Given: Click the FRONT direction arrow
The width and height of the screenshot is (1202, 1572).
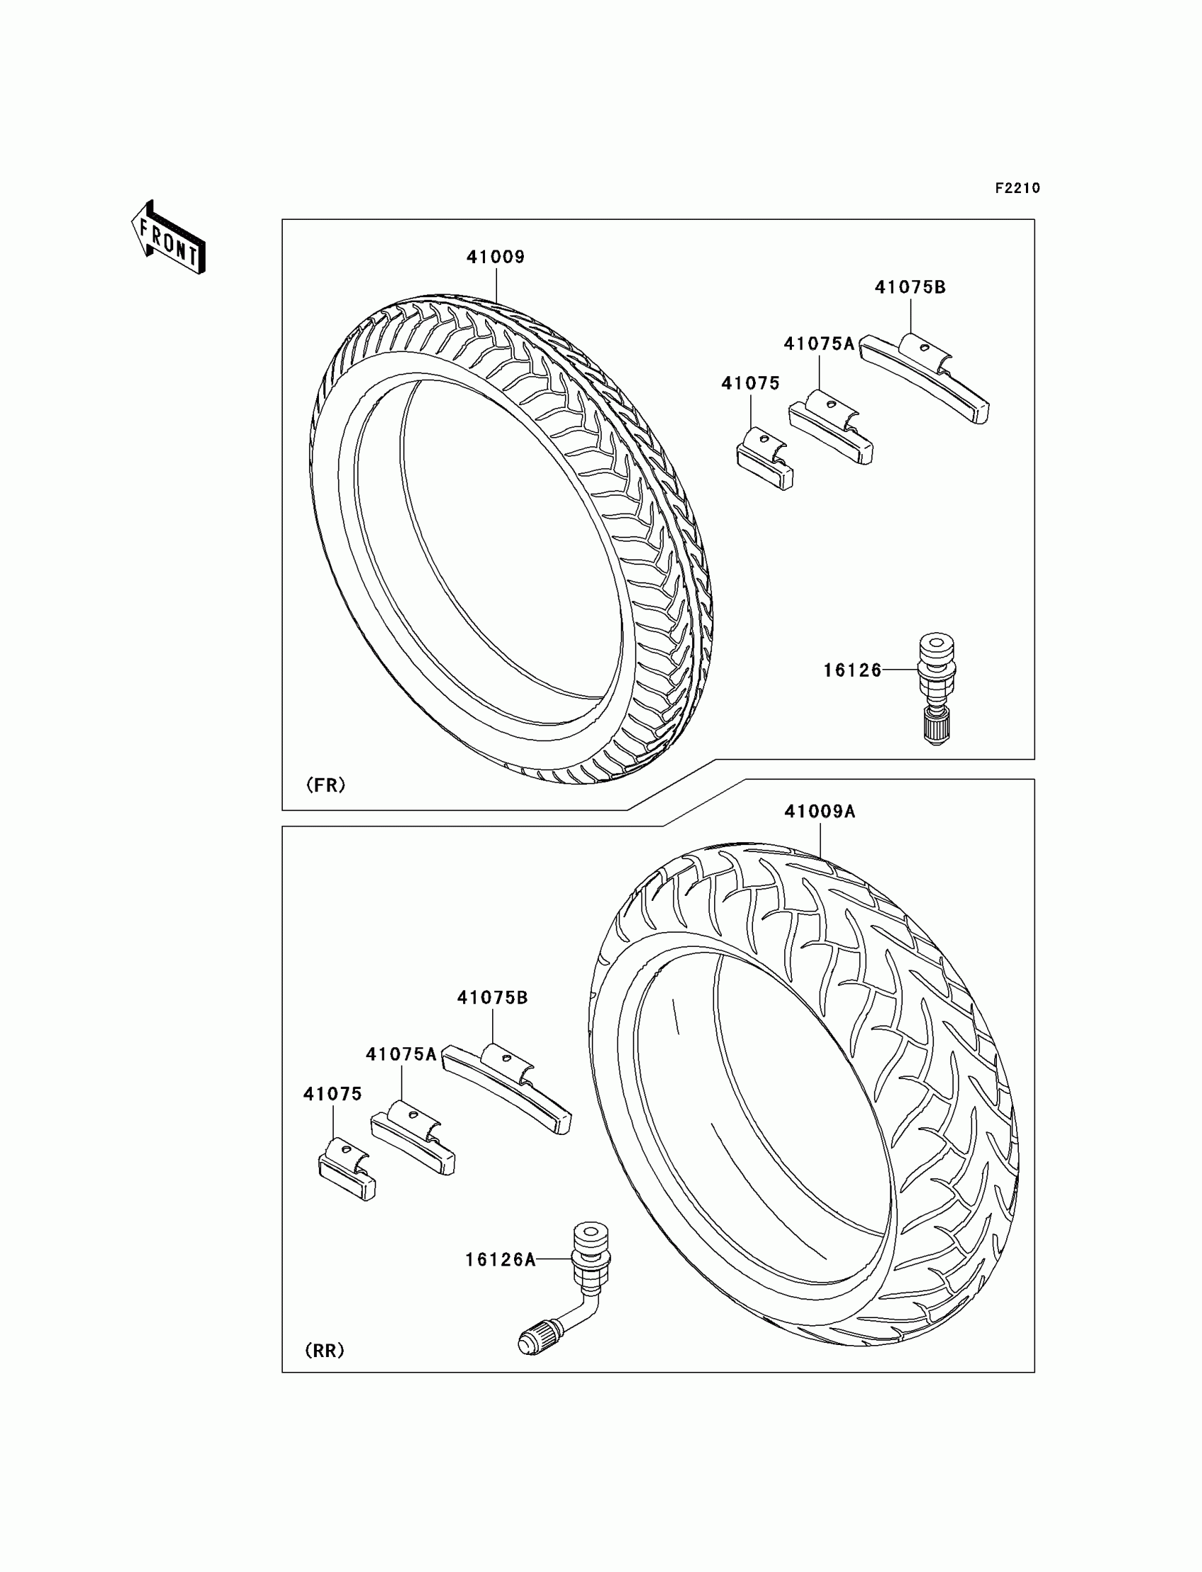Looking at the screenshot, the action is pyautogui.click(x=169, y=238).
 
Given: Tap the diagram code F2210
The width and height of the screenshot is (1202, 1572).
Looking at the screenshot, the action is pyautogui.click(x=1017, y=188).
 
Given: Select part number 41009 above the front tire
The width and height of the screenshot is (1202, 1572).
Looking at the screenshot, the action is pyautogui.click(x=495, y=257).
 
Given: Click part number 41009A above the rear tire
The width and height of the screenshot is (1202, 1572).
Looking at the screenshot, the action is pyautogui.click(x=819, y=811).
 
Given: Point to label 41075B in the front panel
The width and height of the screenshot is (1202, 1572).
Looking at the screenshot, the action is pyautogui.click(x=909, y=287).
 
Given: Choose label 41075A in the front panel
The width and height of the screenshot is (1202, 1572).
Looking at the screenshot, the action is pyautogui.click(x=819, y=344).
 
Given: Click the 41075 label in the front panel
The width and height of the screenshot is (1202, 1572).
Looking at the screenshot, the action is pyautogui.click(x=749, y=383).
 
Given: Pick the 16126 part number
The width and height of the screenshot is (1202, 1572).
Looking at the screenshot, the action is pyautogui.click(x=852, y=670).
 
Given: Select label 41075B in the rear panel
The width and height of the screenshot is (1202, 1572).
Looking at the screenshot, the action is pyautogui.click(x=492, y=997).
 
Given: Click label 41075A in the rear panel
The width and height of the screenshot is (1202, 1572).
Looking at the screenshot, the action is pyautogui.click(x=401, y=1054).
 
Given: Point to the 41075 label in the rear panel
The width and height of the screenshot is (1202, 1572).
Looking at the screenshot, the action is pyautogui.click(x=332, y=1094).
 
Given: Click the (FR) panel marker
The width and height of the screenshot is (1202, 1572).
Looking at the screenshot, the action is pyautogui.click(x=325, y=785).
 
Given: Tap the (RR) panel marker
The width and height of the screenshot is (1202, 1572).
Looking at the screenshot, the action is pyautogui.click(x=324, y=1350).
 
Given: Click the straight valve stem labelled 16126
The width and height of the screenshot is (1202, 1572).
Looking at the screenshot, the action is pyautogui.click(x=936, y=687).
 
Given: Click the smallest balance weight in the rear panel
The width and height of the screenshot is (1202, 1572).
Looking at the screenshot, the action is pyautogui.click(x=346, y=1168).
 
